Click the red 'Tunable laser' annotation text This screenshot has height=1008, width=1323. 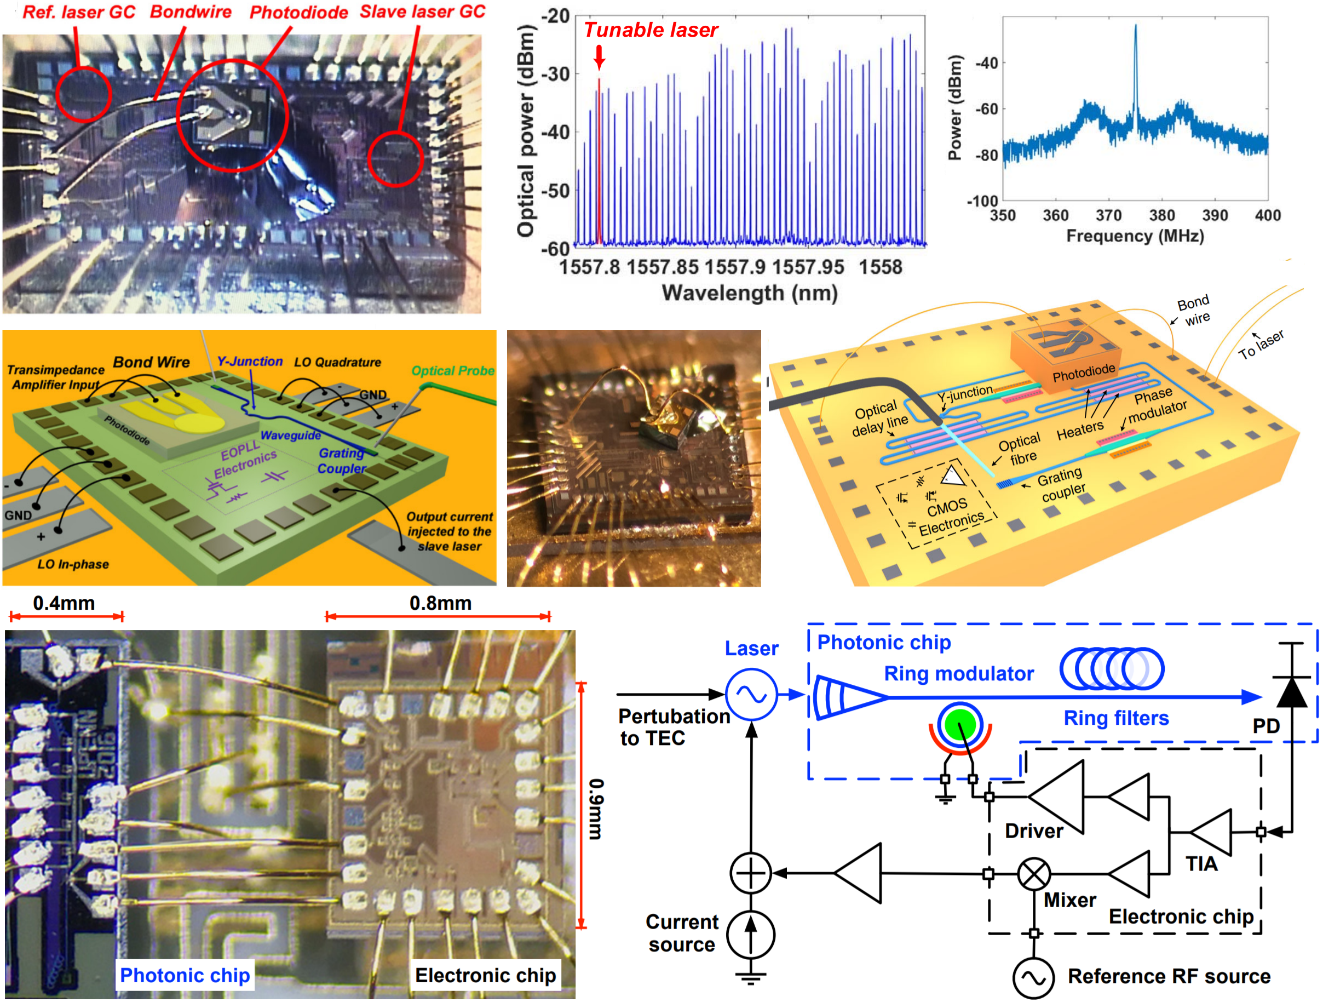click(x=650, y=30)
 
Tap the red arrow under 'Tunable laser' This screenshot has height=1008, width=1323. click(x=599, y=58)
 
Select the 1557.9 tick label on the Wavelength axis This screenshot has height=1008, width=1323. click(x=735, y=267)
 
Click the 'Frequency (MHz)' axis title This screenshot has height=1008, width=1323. click(x=1134, y=236)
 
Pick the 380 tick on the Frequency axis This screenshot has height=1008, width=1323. click(x=1161, y=215)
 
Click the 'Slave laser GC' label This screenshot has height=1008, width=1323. click(x=422, y=12)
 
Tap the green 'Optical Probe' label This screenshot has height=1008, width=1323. click(x=453, y=371)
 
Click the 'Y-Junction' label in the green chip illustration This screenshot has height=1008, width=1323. click(x=250, y=361)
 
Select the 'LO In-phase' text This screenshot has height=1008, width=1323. click(x=73, y=564)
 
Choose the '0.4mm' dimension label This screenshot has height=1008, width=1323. click(x=64, y=603)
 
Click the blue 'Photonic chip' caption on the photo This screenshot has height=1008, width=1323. click(x=185, y=975)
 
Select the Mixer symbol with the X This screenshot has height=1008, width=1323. click(x=1033, y=874)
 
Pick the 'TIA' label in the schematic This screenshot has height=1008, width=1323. click(x=1201, y=864)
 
